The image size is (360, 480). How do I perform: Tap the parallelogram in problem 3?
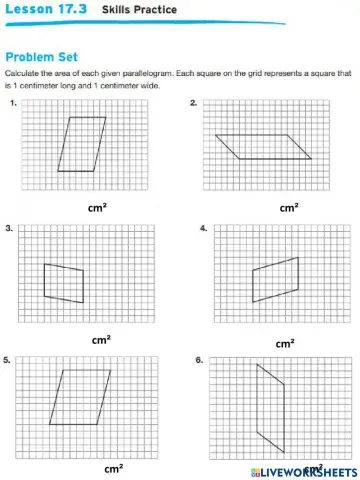63,282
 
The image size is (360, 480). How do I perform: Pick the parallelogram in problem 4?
274,280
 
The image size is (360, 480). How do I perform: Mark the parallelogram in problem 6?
270,409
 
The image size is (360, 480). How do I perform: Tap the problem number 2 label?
193,104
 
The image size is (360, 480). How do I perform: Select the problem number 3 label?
9,229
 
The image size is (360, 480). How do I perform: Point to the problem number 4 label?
203,229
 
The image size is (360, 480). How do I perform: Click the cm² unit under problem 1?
98,208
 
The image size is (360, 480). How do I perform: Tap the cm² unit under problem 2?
289,208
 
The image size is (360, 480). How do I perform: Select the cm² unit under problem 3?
101,340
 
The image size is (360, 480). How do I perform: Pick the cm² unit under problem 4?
285,343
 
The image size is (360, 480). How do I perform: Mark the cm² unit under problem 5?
114,467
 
